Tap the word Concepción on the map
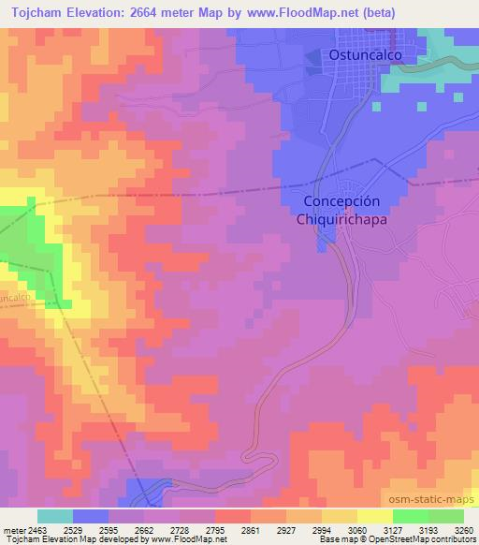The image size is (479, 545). [341, 201]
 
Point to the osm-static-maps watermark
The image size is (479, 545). [432, 502]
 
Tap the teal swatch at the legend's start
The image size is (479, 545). [54, 516]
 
